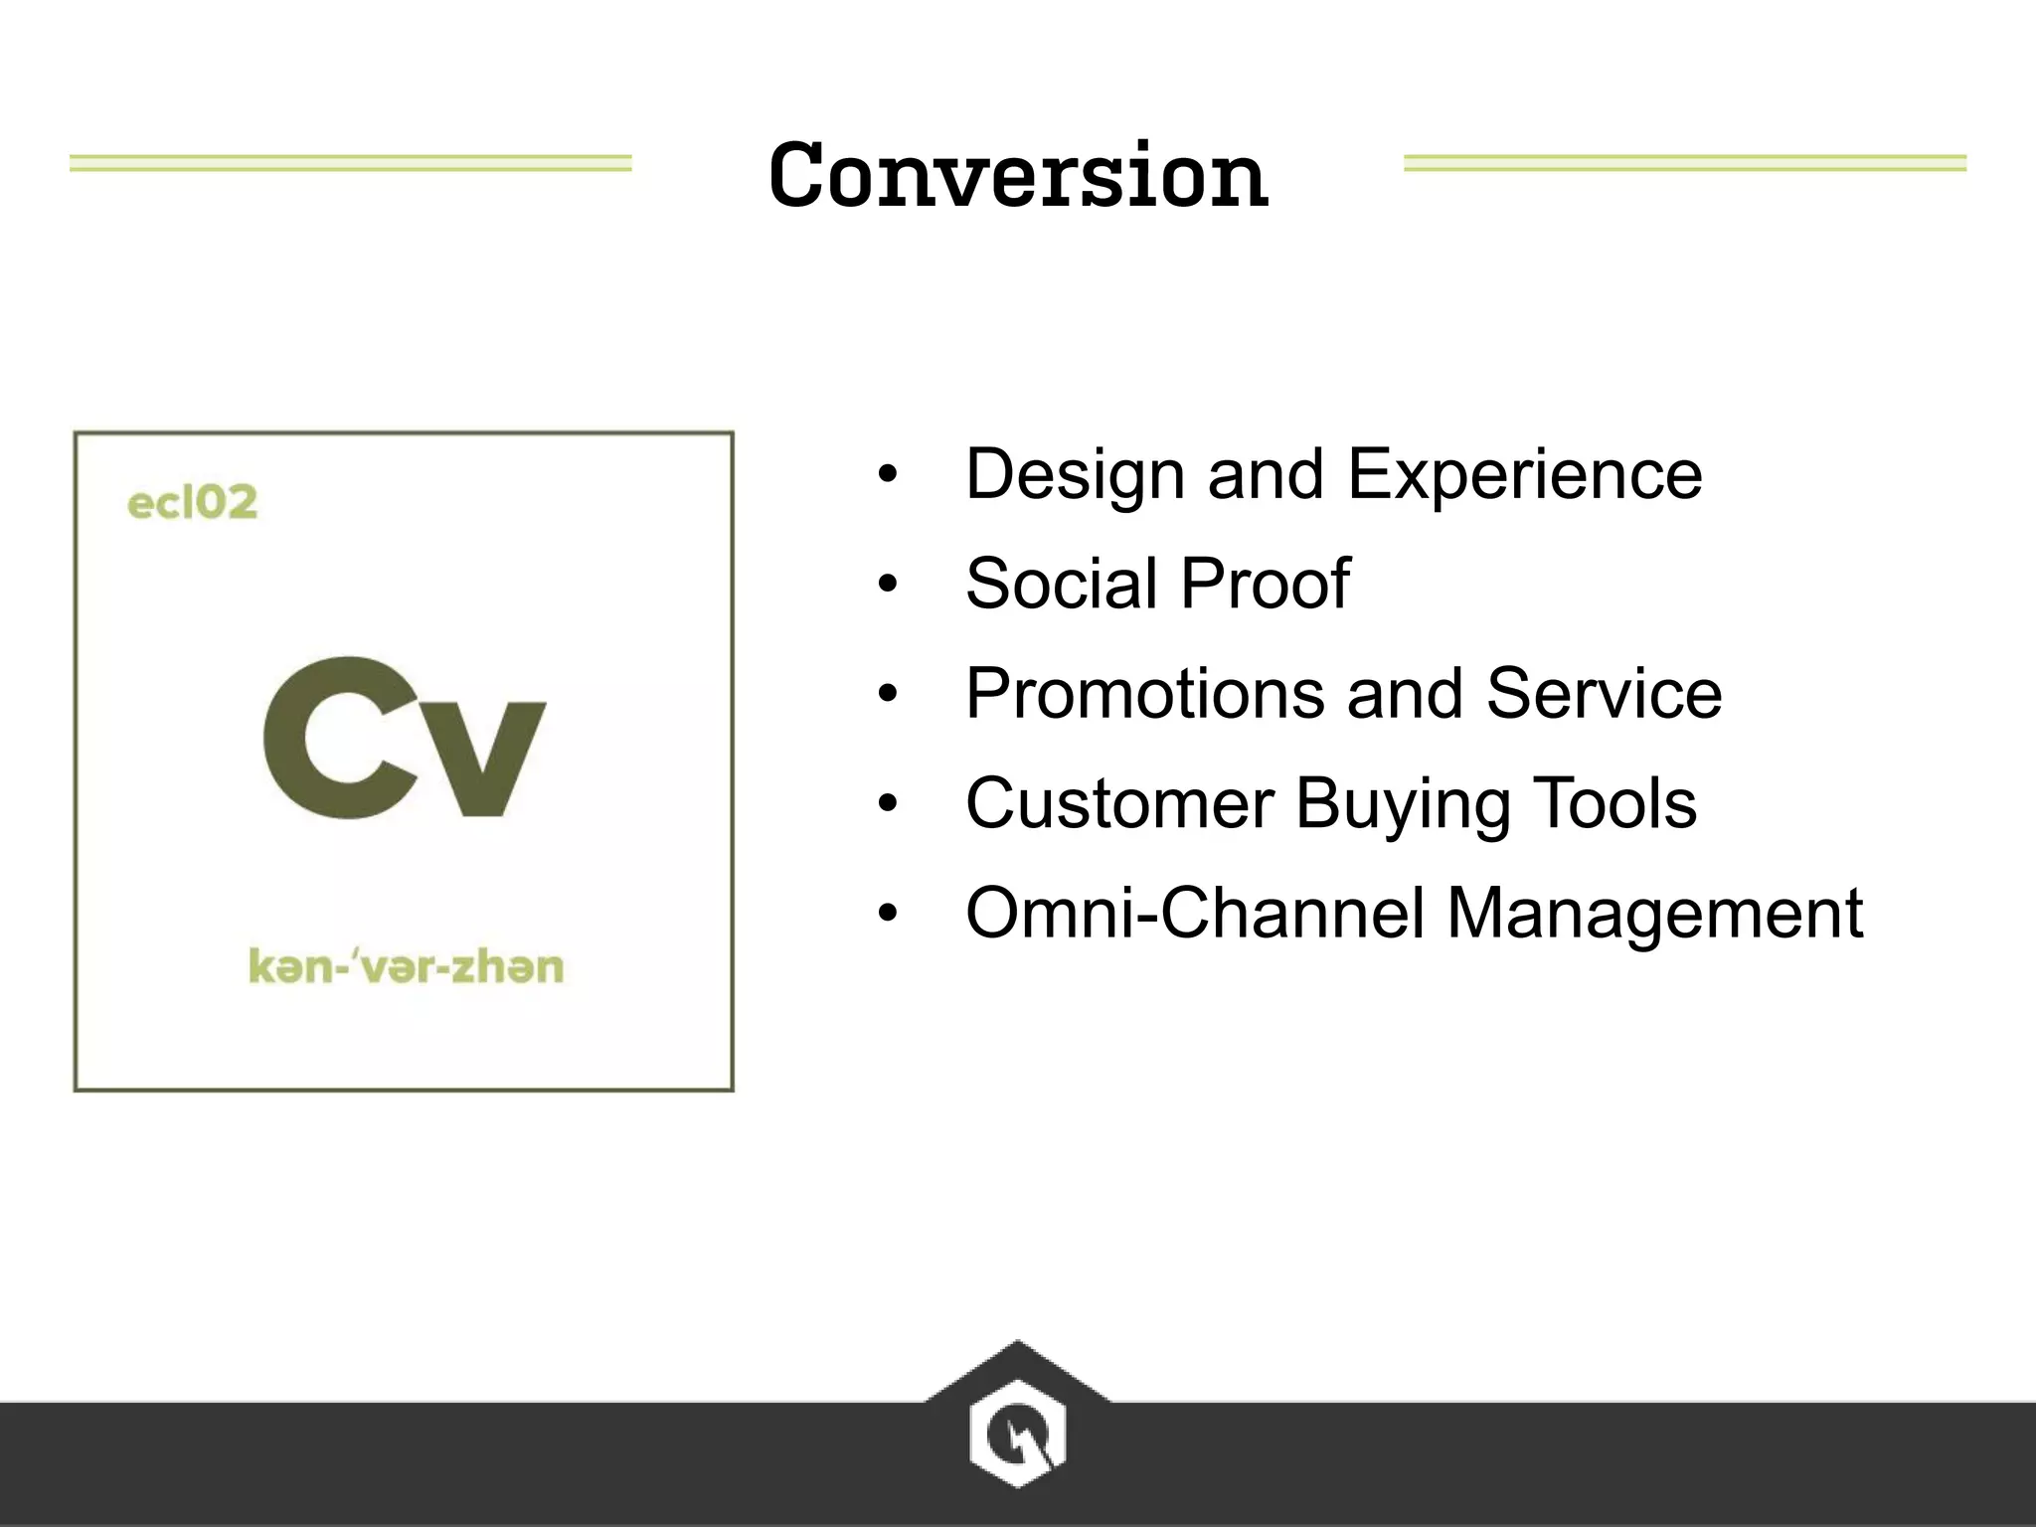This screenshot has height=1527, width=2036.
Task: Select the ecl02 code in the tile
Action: [x=192, y=502]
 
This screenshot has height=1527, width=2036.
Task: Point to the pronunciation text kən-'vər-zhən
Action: [x=406, y=966]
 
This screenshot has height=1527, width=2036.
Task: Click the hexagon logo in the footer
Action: [x=1017, y=1433]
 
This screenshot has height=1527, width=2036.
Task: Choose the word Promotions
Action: [x=1144, y=693]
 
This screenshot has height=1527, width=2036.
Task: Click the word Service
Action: [x=1604, y=693]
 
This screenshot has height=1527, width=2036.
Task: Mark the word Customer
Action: [x=1119, y=803]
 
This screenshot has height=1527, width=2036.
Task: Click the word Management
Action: [x=1654, y=915]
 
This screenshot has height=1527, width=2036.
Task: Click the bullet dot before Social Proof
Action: [x=888, y=585]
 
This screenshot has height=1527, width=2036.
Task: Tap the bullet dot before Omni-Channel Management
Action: [x=888, y=913]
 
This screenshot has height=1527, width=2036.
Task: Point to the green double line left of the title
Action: [x=350, y=163]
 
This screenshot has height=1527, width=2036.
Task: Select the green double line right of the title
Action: [x=1684, y=163]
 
